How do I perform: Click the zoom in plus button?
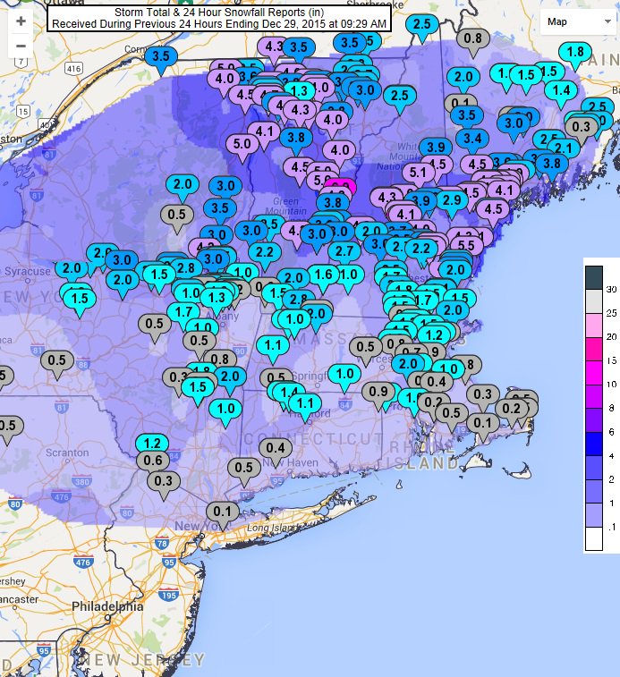coord(21,21)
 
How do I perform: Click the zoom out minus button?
coord(21,46)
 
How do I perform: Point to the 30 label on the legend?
coord(611,289)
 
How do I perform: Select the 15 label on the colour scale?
coord(611,360)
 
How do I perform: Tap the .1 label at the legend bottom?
coord(610,529)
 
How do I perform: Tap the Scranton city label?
coord(69,453)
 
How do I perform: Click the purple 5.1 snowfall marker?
coord(417,172)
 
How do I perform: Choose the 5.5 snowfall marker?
coord(465,244)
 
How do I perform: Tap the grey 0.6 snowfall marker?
coord(153,460)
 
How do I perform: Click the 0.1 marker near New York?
coord(223,511)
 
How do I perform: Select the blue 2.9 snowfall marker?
coord(451,199)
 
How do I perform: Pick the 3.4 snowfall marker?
coord(473,138)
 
